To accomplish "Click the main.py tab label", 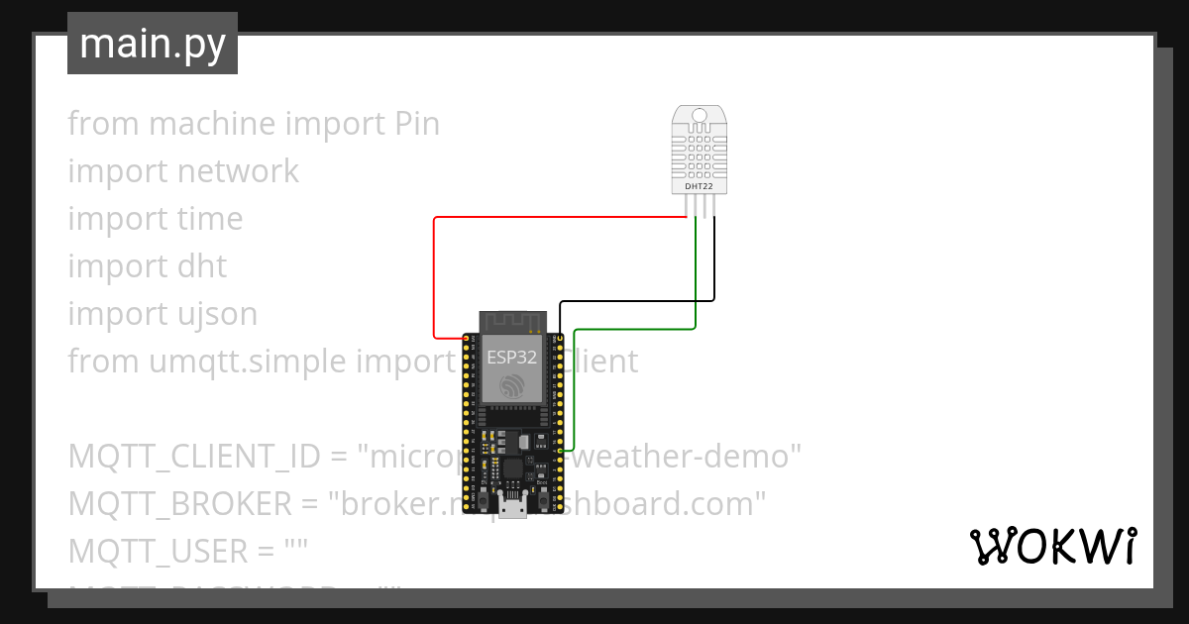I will [x=152, y=44].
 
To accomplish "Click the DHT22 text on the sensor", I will [x=700, y=185].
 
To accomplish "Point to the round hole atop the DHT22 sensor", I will [x=700, y=116].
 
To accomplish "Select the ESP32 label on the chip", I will [x=511, y=358].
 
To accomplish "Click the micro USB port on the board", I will [x=512, y=508].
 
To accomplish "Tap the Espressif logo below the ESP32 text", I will [x=511, y=387].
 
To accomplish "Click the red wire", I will [x=435, y=277].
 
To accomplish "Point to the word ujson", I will [x=212, y=314].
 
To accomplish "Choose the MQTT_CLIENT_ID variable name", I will [x=194, y=457].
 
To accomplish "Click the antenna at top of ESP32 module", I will [x=511, y=320].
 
